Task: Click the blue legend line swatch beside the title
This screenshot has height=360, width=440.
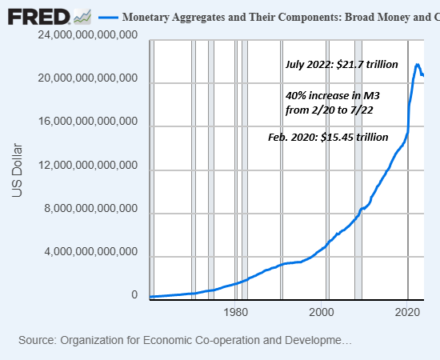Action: [x=106, y=17]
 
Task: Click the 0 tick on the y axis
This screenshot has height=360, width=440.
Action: [x=136, y=295]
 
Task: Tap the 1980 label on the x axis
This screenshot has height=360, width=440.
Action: [x=235, y=312]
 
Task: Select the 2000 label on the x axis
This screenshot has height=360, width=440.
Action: [x=322, y=312]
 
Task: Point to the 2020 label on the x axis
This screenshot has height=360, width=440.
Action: [x=409, y=312]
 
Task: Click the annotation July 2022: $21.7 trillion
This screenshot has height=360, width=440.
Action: [x=342, y=65]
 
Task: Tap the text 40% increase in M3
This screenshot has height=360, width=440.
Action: [x=332, y=95]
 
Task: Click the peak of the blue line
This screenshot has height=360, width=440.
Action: [x=417, y=64]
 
